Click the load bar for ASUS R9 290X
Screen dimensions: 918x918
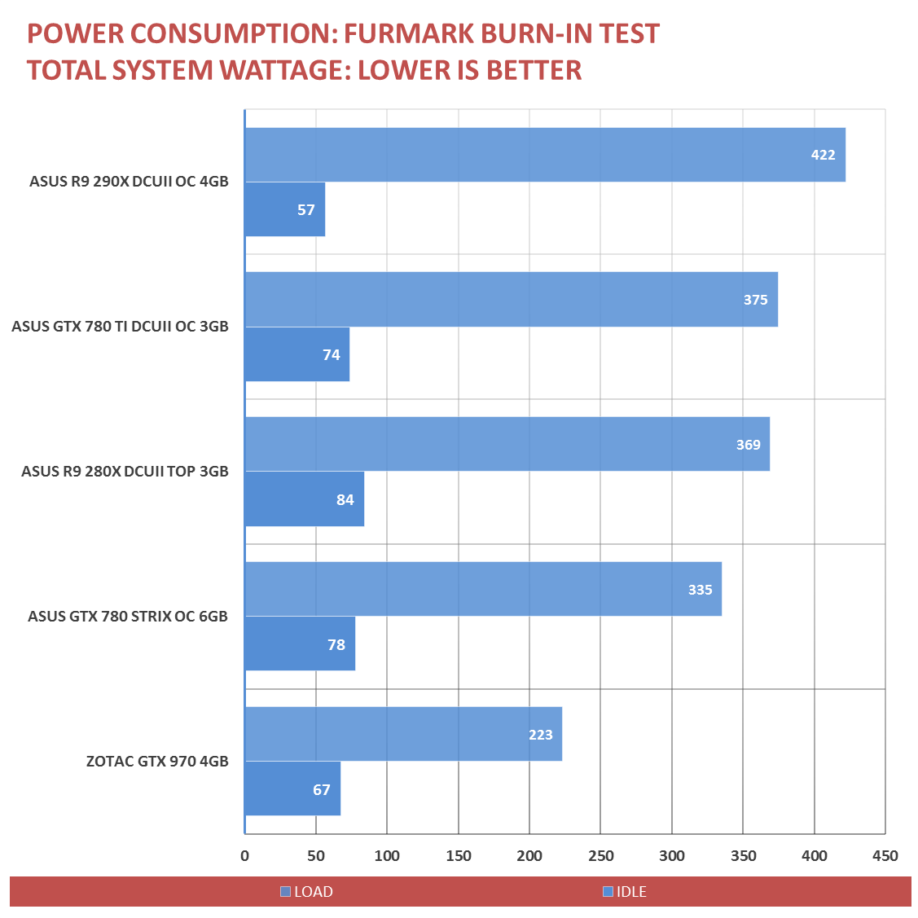[544, 155]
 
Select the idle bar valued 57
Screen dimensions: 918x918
[284, 209]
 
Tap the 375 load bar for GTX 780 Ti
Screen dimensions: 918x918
[511, 299]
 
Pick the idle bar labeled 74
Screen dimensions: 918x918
[296, 354]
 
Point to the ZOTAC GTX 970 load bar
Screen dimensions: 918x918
[402, 734]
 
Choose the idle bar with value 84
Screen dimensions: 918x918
[304, 499]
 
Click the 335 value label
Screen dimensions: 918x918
[700, 590]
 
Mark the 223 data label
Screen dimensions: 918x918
[540, 735]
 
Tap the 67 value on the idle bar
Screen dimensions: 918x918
[322, 789]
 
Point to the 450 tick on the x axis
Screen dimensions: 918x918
[885, 855]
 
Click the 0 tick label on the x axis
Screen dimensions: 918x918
[244, 855]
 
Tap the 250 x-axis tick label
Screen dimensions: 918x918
[600, 855]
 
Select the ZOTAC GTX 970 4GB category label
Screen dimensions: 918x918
[157, 762]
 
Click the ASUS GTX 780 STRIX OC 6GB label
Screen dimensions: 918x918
[128, 616]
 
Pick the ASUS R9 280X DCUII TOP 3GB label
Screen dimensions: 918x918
[125, 471]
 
